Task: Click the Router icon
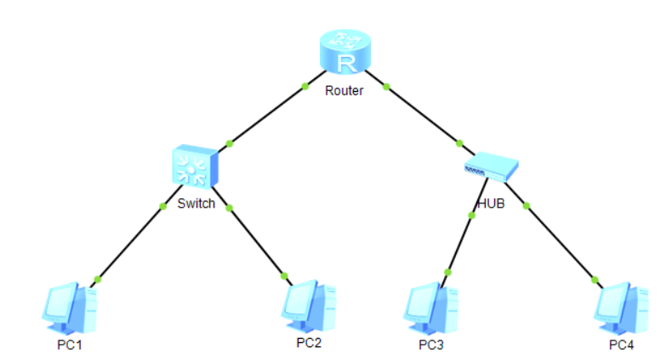(x=345, y=51)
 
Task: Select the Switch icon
(x=195, y=166)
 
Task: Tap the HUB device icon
(x=491, y=167)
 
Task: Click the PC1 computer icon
(x=70, y=308)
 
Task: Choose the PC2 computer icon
(x=309, y=306)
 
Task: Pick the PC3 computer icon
(x=430, y=308)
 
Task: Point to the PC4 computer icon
(x=621, y=308)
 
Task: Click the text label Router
(x=345, y=91)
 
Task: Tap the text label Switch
(x=196, y=203)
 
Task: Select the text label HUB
(x=491, y=203)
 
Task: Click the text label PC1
(x=70, y=345)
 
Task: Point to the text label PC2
(x=309, y=343)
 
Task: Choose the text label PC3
(x=431, y=345)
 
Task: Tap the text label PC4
(x=622, y=345)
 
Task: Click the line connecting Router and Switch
(x=271, y=111)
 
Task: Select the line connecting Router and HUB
(x=419, y=112)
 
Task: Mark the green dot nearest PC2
(x=284, y=277)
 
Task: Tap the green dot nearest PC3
(x=447, y=272)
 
